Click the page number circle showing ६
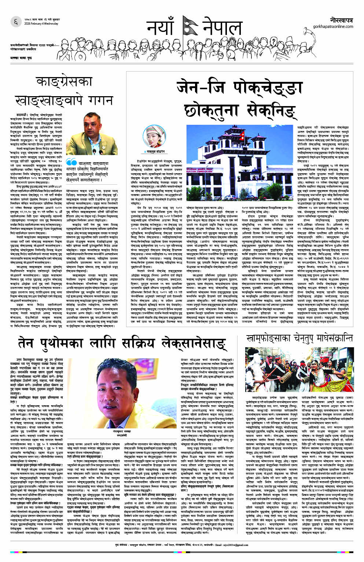coord(16,22)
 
